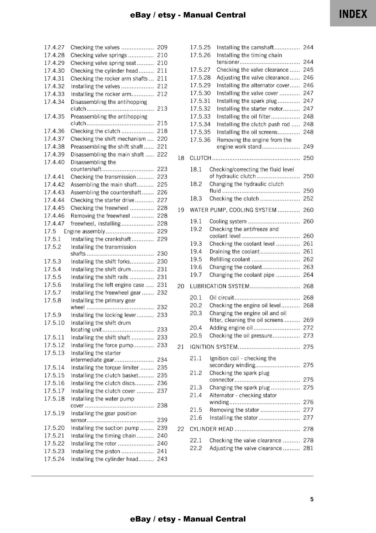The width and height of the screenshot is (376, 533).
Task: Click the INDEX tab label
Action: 353,14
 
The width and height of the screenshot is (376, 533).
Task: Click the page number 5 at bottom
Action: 312,499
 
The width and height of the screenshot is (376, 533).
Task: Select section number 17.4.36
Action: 54,131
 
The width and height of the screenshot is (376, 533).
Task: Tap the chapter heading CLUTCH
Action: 200,158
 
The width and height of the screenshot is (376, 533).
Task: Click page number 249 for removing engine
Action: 308,147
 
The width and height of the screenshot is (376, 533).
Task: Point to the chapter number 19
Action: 181,210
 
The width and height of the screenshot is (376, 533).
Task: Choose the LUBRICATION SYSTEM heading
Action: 220,286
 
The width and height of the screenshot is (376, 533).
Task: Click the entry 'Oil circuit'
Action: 222,297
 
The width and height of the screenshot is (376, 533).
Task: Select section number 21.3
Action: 196,387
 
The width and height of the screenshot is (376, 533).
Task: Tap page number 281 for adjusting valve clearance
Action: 308,448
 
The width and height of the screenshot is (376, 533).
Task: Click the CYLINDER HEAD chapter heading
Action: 211,429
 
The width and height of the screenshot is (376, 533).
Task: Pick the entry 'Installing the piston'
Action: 95,451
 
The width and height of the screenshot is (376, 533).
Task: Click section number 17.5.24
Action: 54,459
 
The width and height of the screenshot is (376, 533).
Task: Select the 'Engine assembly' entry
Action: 84,231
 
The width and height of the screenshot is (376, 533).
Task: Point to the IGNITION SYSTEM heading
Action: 214,347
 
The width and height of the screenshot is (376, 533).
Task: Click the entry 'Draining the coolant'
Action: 234,252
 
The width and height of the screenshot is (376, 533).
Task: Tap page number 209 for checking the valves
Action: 162,47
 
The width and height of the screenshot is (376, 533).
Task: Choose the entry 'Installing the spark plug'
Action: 247,101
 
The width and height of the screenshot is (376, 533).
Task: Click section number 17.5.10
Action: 54,323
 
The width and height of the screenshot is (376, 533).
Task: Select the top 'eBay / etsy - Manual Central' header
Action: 188,15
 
